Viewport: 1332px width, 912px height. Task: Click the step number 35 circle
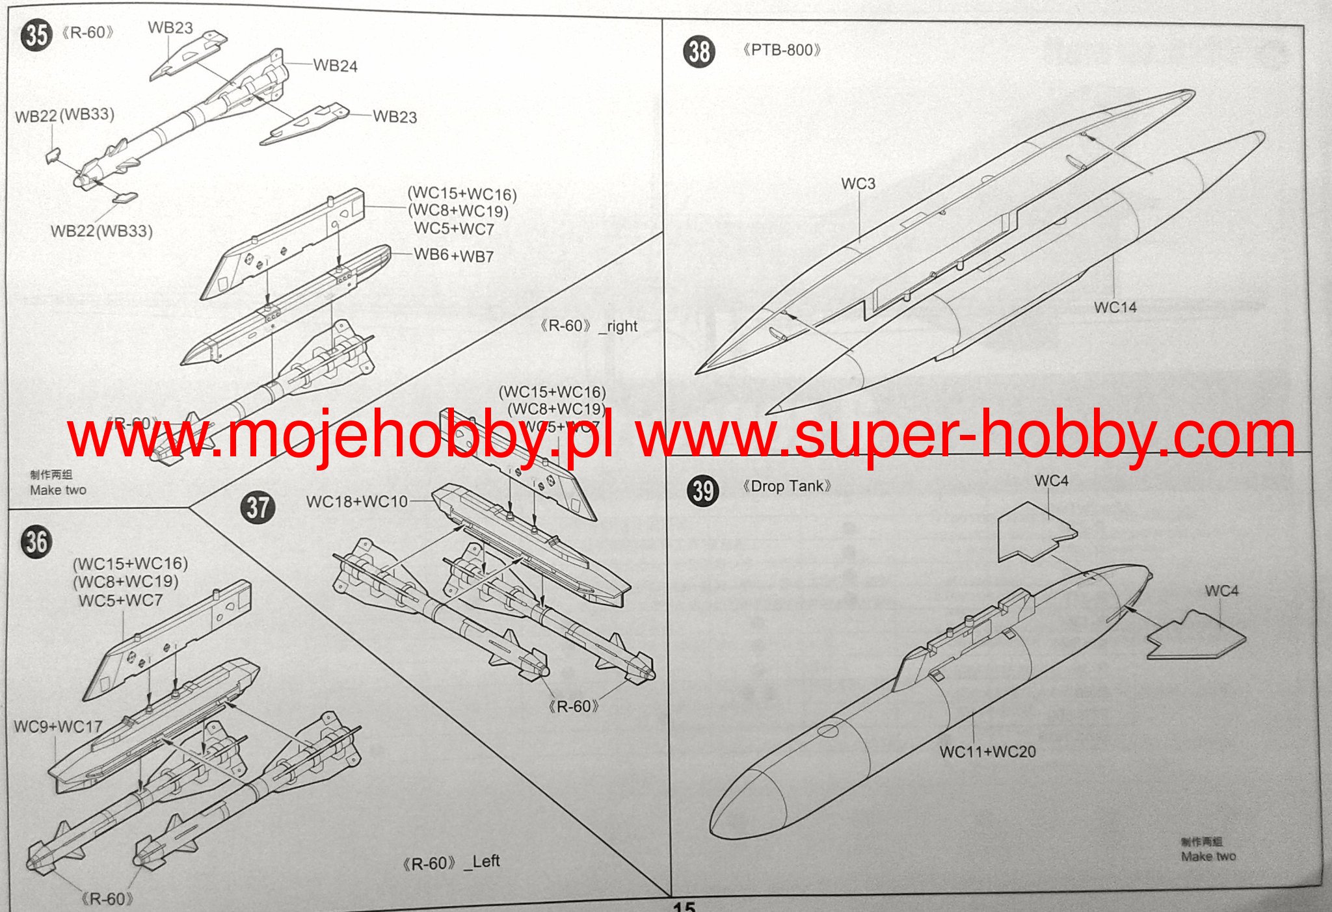[36, 35]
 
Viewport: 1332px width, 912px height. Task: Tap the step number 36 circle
[36, 541]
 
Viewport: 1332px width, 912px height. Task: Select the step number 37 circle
[258, 507]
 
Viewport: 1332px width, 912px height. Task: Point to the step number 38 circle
[699, 51]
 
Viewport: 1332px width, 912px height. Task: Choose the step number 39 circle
[703, 491]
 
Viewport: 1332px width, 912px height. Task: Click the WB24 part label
[335, 66]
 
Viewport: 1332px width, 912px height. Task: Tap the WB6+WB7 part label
[453, 255]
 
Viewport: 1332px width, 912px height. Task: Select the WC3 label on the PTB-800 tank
[858, 184]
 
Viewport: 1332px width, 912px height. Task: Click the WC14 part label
[1115, 307]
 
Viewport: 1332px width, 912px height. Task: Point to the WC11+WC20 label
[987, 752]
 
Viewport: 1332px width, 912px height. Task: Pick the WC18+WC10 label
[356, 502]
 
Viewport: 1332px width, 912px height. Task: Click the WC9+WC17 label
[58, 727]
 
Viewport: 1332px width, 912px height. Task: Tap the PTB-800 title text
[782, 50]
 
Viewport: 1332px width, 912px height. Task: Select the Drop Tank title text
[787, 486]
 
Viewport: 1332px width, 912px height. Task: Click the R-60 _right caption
[589, 326]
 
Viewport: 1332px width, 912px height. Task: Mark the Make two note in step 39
[1208, 856]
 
